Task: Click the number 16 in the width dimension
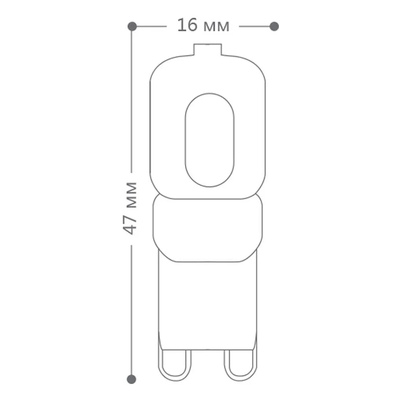click(x=187, y=25)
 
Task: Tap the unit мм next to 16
click(x=217, y=27)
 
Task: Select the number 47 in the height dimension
click(x=130, y=225)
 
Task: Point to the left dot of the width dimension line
click(x=132, y=26)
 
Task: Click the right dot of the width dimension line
click(x=274, y=26)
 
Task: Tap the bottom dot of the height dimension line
click(x=132, y=379)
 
